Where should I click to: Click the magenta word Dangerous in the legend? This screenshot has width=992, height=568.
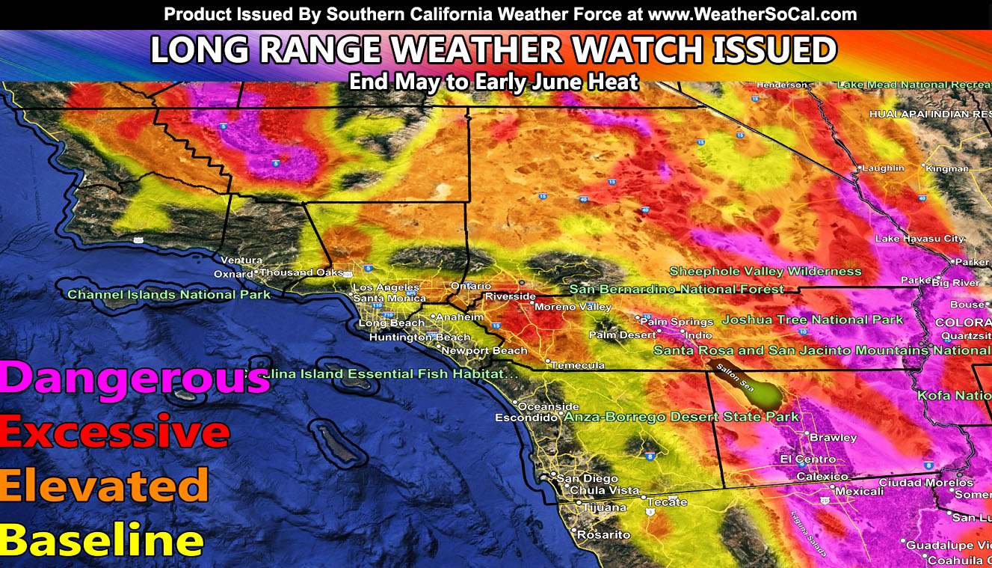[135, 379]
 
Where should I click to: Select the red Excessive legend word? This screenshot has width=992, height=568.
[114, 432]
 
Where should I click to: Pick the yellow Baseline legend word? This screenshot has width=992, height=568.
[102, 539]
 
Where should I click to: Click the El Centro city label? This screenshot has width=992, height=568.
[808, 459]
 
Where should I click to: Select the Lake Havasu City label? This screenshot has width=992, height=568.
[919, 239]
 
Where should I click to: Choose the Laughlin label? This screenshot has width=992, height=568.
[883, 168]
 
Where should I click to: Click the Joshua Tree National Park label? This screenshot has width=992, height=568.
[813, 320]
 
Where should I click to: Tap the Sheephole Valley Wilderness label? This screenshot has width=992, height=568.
[765, 271]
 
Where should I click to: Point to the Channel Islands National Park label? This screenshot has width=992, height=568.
[169, 294]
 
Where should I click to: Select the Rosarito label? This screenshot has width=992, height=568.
[604, 535]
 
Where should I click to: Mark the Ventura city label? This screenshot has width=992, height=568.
[241, 260]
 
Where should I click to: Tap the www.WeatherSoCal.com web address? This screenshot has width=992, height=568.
[752, 14]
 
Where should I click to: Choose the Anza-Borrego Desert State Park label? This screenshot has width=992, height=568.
[682, 417]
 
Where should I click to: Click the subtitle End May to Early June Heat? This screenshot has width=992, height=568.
[494, 82]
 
